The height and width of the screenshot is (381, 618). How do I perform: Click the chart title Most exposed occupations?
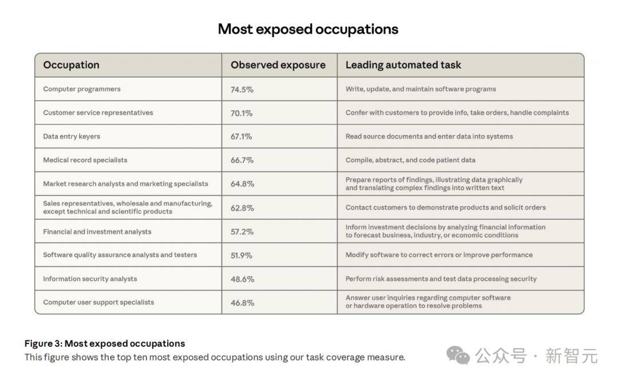pos(308,29)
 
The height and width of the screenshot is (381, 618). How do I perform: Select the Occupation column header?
pos(71,65)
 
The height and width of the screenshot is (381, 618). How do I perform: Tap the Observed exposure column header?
pos(278,65)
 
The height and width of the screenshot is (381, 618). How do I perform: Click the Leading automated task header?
pos(403,65)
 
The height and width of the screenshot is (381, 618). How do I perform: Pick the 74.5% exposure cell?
pos(242,89)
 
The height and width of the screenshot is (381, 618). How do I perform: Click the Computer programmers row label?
pos(82,89)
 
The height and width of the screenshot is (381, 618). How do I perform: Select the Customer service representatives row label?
pos(98,113)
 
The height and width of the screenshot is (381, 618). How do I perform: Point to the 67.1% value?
pos(241,137)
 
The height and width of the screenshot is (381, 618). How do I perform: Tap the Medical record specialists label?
pos(85,160)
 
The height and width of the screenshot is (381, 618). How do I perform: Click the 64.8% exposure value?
pos(242,184)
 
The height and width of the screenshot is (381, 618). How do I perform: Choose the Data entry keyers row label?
pos(72,137)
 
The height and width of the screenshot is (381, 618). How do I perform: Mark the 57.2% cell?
pos(242,232)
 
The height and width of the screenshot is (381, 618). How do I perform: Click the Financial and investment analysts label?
pos(97,232)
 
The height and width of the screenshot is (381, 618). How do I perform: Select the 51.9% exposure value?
pos(241,255)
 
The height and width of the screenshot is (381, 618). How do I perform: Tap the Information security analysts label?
pos(90,279)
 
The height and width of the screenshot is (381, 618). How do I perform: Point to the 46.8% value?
pos(242,303)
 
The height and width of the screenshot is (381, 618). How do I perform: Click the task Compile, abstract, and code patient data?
pos(410,160)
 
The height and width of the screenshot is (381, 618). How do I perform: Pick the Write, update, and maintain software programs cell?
pos(421,89)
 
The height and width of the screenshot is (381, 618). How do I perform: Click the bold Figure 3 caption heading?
pos(105,344)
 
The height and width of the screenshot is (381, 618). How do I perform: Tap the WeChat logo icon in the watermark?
pos(458,355)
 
